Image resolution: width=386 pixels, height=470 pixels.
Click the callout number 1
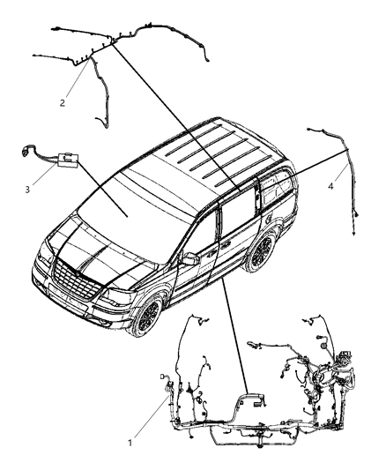[x=130, y=443]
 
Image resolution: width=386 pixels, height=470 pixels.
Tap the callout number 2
[x=63, y=103]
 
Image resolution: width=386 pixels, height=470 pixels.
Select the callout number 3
[x=27, y=190]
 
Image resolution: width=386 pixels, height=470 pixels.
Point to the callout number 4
[x=330, y=186]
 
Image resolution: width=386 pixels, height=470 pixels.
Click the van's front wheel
[x=147, y=315]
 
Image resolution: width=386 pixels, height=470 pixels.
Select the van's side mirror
[x=189, y=258]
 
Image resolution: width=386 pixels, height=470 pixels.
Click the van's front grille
[x=76, y=279]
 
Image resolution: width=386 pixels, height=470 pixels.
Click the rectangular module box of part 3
[x=69, y=161]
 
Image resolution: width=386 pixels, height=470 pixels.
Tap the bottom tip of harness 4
[x=353, y=234]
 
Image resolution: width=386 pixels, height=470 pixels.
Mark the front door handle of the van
[x=213, y=252]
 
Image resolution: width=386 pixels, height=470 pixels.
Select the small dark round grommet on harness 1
[x=324, y=346]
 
